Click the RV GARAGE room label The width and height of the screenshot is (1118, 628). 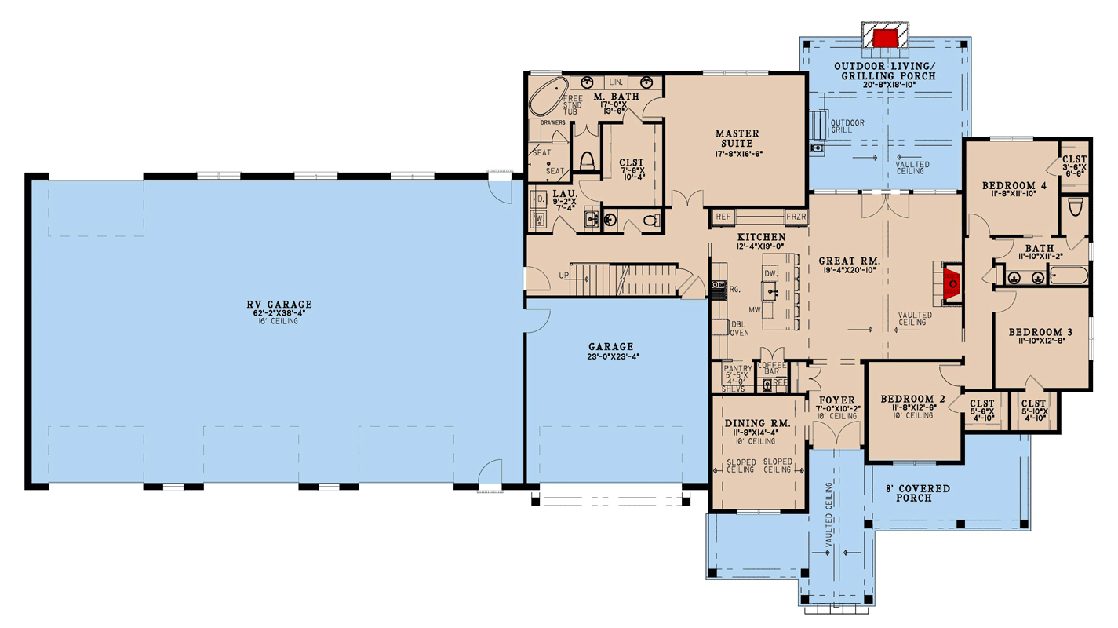coord(277,305)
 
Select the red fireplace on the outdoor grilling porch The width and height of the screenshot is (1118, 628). coord(886,38)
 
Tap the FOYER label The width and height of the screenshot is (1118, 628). coord(836,401)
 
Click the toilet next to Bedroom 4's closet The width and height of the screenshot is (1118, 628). coord(1075,207)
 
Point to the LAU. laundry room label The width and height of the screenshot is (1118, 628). coord(566,193)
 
